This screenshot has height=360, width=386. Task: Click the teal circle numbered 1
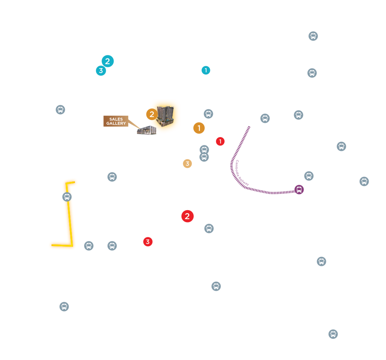click(206, 70)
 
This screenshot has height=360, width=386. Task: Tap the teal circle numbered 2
click(108, 61)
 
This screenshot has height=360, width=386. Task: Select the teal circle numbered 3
click(101, 71)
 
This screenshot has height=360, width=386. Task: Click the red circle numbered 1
click(220, 142)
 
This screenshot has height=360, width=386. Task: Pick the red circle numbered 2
click(187, 216)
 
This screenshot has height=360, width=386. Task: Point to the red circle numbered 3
click(148, 242)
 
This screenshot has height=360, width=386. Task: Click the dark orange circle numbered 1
click(199, 128)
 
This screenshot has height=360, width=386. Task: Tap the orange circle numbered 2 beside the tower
click(152, 114)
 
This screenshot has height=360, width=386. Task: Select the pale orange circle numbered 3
click(187, 163)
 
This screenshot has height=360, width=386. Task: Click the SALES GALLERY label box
click(116, 121)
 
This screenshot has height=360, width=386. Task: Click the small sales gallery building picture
click(147, 130)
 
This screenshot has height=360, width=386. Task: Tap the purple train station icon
click(299, 189)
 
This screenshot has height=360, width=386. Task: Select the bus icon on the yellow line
click(67, 197)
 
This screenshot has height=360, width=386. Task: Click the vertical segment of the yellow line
click(69, 214)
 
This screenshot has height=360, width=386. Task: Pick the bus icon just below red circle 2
click(209, 229)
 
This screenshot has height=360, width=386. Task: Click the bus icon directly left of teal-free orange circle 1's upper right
click(208, 114)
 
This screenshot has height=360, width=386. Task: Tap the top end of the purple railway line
click(249, 127)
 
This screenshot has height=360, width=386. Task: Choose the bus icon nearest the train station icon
click(309, 176)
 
